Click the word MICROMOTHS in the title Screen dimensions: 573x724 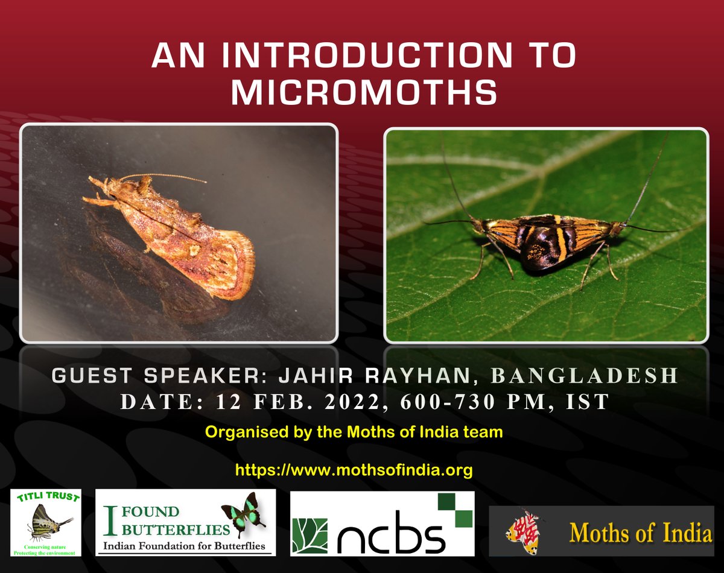pyautogui.click(x=364, y=92)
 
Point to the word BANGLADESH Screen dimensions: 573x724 pyautogui.click(x=585, y=376)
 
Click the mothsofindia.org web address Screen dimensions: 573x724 pyautogui.click(x=354, y=470)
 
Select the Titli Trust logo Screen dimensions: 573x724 pyautogui.click(x=46, y=523)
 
